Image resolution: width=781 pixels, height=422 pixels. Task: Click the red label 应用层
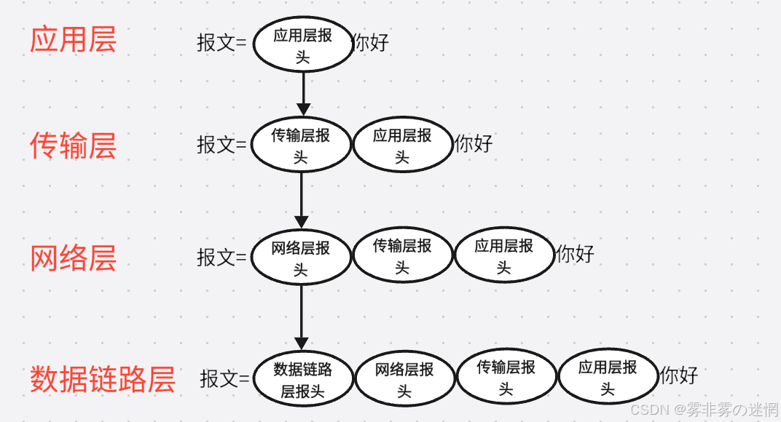tap(73, 40)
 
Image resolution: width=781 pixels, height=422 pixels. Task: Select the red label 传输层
tap(73, 146)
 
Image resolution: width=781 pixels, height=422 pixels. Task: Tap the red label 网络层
tap(73, 258)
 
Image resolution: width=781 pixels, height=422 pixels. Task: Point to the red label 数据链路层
tap(103, 379)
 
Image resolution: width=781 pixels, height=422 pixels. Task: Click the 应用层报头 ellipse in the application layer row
tap(302, 45)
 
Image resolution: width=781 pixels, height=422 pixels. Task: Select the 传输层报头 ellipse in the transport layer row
tap(301, 145)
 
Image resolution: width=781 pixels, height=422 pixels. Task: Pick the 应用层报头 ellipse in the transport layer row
tap(402, 145)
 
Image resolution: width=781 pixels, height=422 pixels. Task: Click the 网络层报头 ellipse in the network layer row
tap(301, 258)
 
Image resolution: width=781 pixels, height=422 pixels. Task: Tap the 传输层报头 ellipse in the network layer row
tap(402, 256)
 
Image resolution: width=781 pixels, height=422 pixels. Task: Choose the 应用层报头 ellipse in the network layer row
tap(504, 256)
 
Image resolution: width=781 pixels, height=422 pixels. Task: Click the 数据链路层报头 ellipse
tap(302, 379)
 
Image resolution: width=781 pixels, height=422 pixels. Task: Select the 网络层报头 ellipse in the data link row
tap(404, 379)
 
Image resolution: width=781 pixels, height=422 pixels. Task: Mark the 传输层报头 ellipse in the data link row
tap(506, 378)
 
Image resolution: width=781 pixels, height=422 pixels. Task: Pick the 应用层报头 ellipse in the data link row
tap(608, 376)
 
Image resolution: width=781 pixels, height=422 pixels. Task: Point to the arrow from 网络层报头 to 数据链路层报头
tap(301, 316)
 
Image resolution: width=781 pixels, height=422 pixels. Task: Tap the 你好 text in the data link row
tap(679, 375)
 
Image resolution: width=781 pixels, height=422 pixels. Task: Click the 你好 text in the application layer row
tap(371, 42)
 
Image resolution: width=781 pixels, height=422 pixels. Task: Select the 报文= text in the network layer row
tap(221, 257)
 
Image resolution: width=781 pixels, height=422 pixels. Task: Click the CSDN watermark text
tap(704, 410)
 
